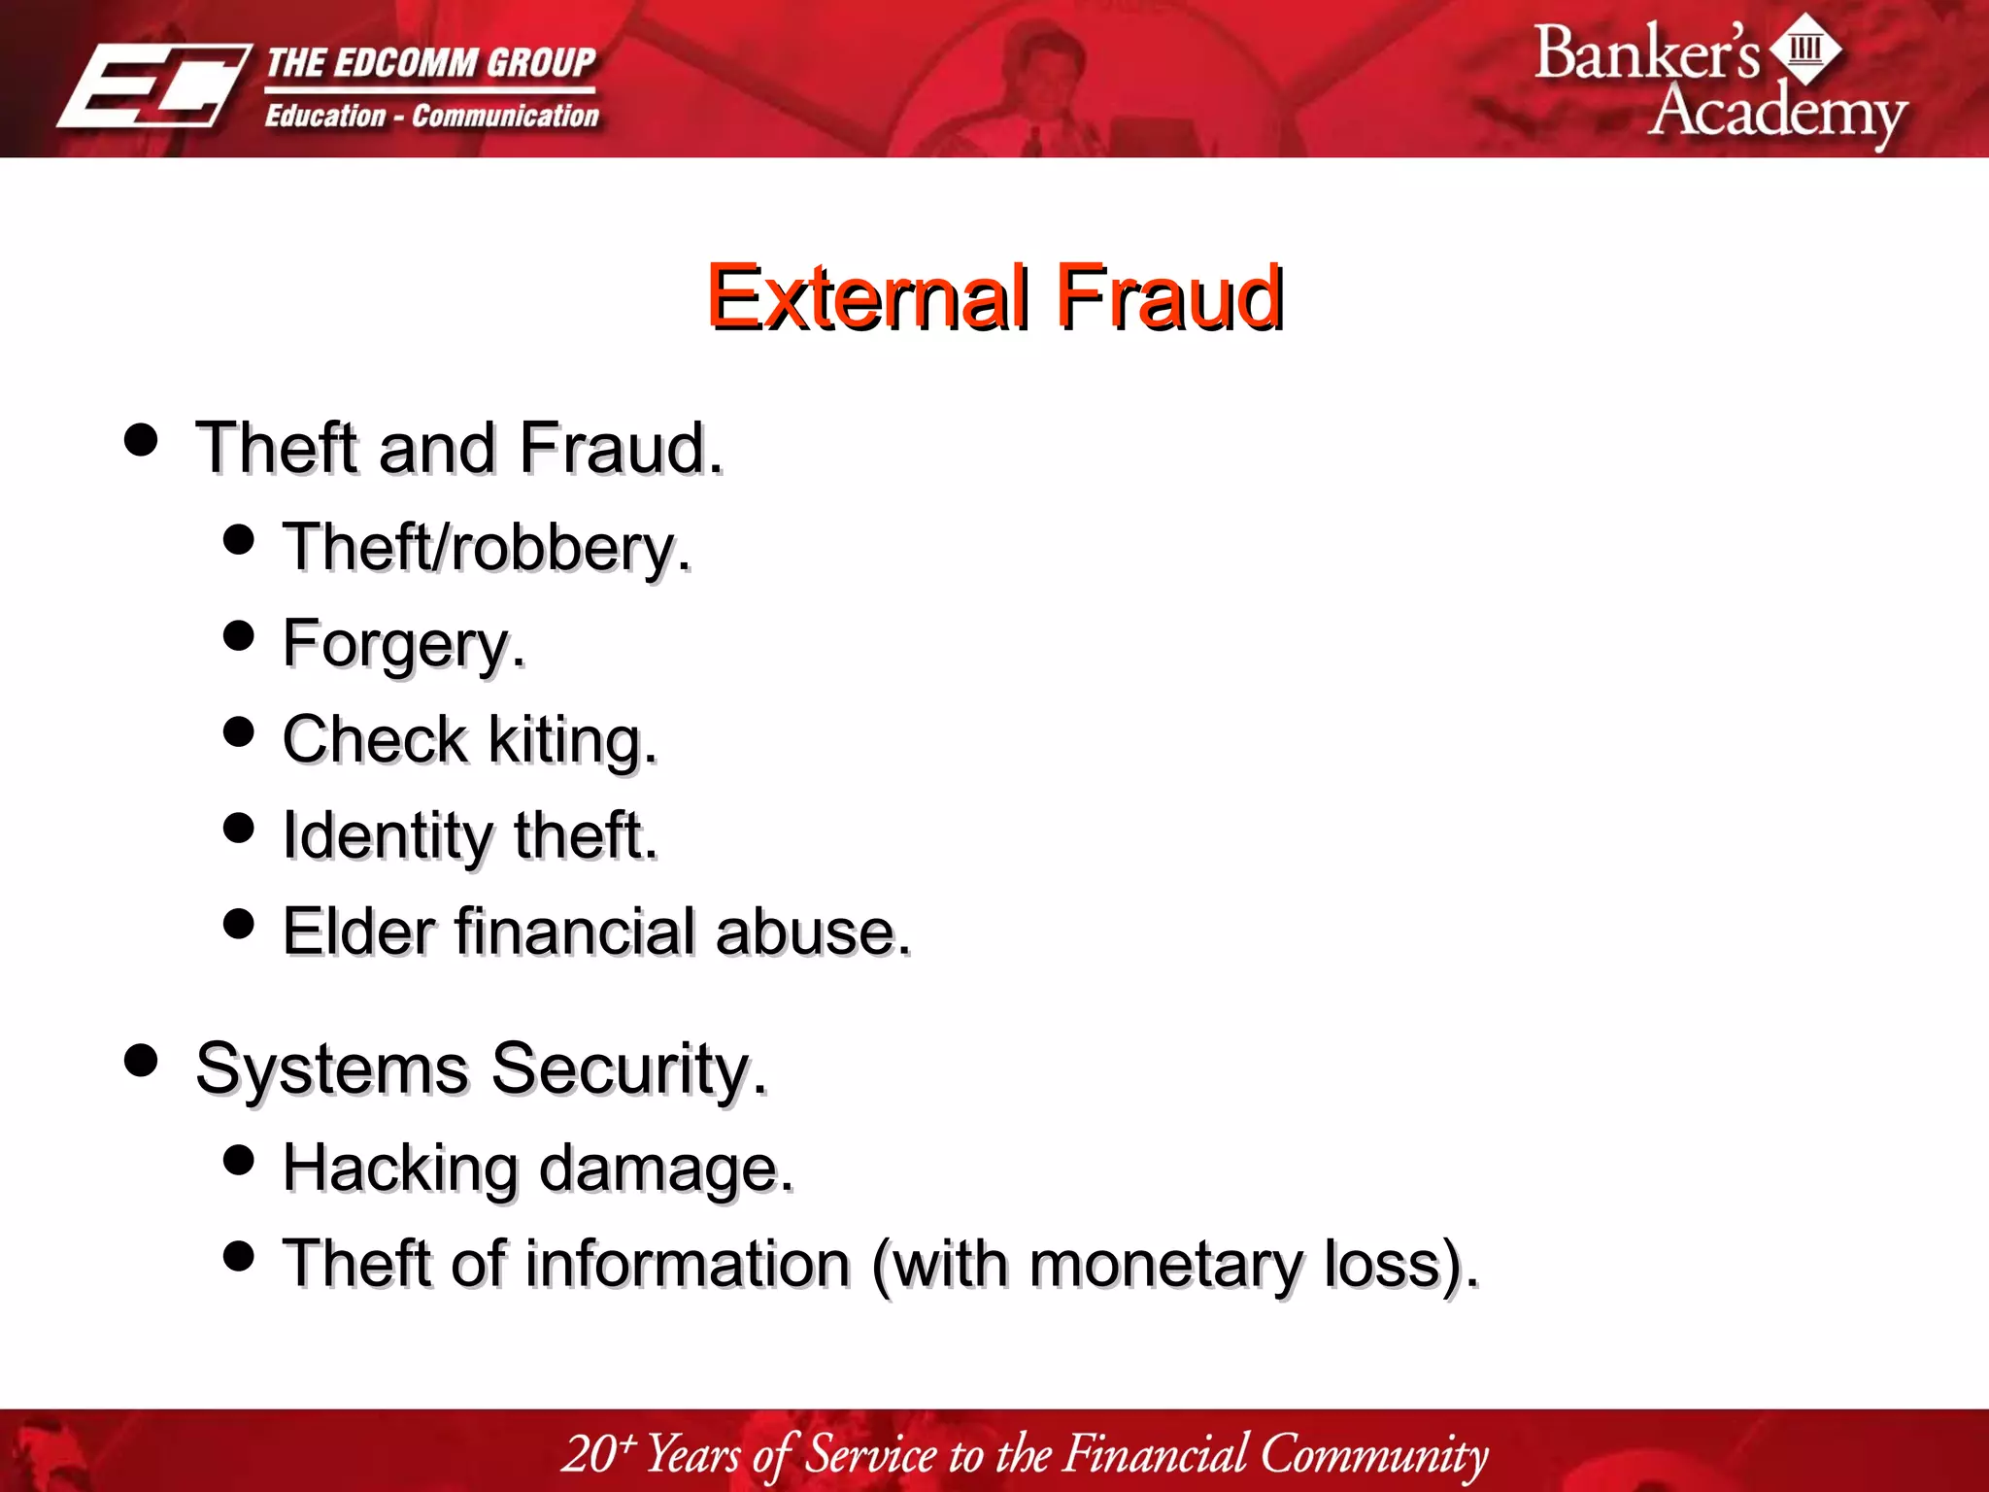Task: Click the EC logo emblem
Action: tap(152, 85)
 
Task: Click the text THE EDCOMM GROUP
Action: tap(430, 63)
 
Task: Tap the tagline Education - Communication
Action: tap(432, 117)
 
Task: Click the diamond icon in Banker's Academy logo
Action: tap(1805, 49)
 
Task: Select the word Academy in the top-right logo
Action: tap(1777, 112)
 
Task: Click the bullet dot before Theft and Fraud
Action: tap(142, 439)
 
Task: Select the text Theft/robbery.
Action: tap(486, 547)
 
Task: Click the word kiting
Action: tap(571, 740)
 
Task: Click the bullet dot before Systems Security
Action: tap(142, 1060)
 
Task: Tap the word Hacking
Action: tap(400, 1168)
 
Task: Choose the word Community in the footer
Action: tap(1373, 1455)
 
